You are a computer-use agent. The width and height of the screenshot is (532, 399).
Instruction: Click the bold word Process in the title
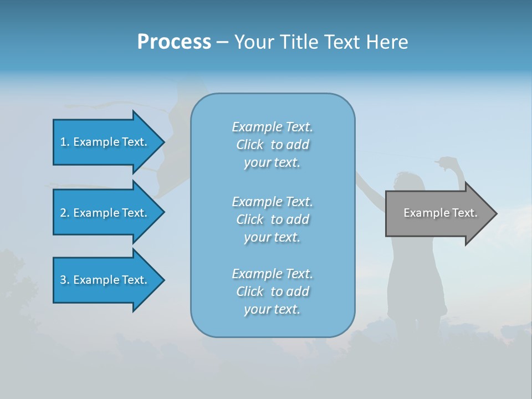[x=174, y=42]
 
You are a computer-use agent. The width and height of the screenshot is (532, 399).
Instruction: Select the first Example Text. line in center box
[x=272, y=127]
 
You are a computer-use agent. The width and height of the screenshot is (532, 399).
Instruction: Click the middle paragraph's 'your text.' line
[x=272, y=237]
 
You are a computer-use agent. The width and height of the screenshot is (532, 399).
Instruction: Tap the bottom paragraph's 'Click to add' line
[x=272, y=291]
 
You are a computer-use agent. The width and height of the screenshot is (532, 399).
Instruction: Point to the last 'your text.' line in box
[x=272, y=309]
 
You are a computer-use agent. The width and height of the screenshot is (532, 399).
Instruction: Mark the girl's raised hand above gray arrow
[x=447, y=162]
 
